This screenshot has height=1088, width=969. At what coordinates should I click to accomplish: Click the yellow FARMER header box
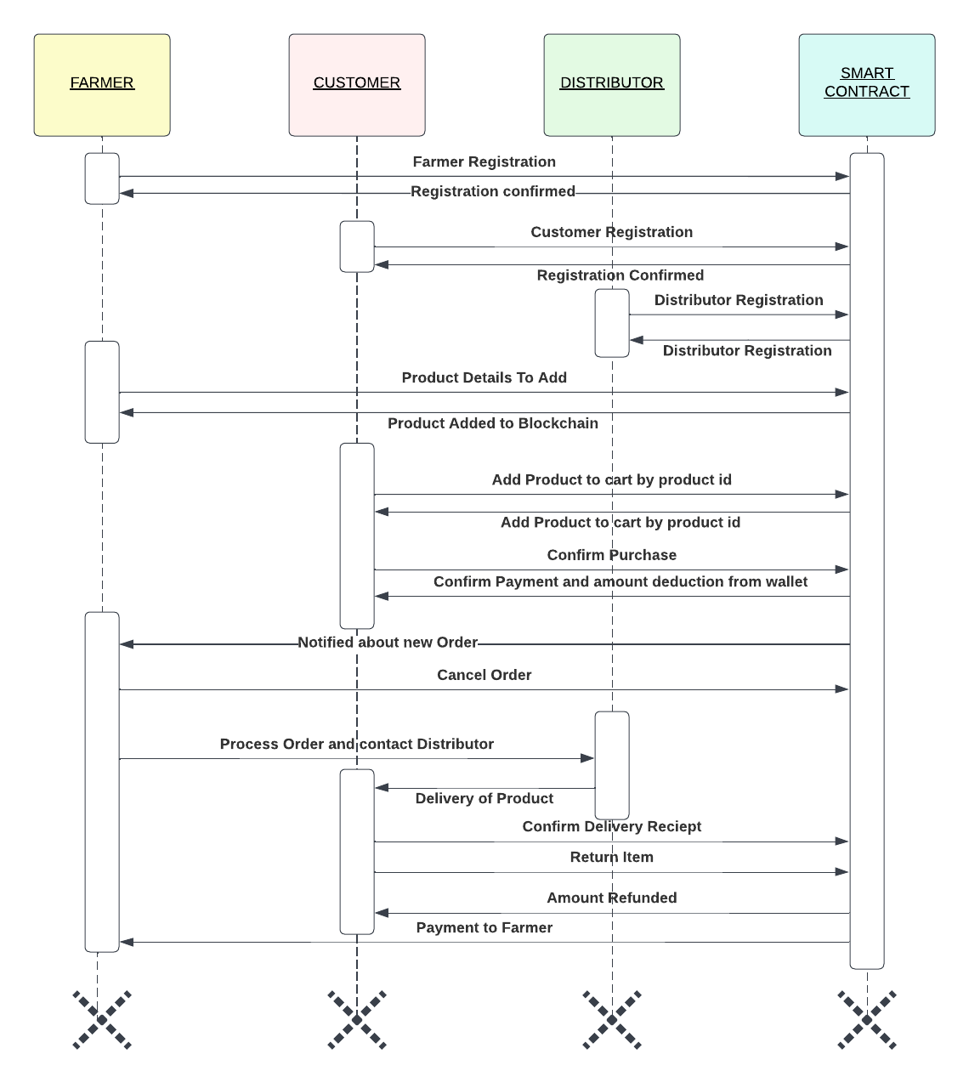click(x=102, y=85)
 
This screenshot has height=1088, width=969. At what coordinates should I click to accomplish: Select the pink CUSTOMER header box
click(x=357, y=85)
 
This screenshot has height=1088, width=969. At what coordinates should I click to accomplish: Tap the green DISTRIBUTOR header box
click(x=612, y=85)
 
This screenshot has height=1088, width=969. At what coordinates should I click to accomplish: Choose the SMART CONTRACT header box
click(x=867, y=85)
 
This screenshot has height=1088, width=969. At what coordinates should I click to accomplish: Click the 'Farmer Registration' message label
click(x=484, y=161)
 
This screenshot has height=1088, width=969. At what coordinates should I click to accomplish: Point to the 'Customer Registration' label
click(x=611, y=232)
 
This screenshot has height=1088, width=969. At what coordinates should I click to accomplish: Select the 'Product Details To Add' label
click(x=484, y=377)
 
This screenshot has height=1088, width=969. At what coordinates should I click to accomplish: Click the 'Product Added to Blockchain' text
click(x=492, y=423)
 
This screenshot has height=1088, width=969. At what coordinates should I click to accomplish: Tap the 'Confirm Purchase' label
click(x=611, y=555)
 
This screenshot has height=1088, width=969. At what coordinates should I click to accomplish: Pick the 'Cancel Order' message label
click(x=484, y=675)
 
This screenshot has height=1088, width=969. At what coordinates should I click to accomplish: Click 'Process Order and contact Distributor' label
click(x=356, y=744)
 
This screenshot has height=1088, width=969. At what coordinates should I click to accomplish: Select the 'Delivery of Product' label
click(x=484, y=798)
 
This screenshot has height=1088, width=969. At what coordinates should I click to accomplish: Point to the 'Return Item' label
click(x=611, y=857)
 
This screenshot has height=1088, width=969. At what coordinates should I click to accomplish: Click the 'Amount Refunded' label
click(x=611, y=898)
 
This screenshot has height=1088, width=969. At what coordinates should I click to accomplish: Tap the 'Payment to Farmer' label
click(x=484, y=927)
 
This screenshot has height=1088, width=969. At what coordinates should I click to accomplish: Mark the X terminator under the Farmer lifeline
click(x=102, y=1018)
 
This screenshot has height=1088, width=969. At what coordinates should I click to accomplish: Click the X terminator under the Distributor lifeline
click(x=612, y=1018)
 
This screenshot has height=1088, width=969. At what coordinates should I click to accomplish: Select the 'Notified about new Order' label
click(x=388, y=643)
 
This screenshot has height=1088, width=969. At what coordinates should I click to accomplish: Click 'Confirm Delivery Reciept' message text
click(x=611, y=826)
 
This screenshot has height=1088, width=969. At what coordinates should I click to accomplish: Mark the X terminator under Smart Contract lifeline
click(x=867, y=1018)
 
